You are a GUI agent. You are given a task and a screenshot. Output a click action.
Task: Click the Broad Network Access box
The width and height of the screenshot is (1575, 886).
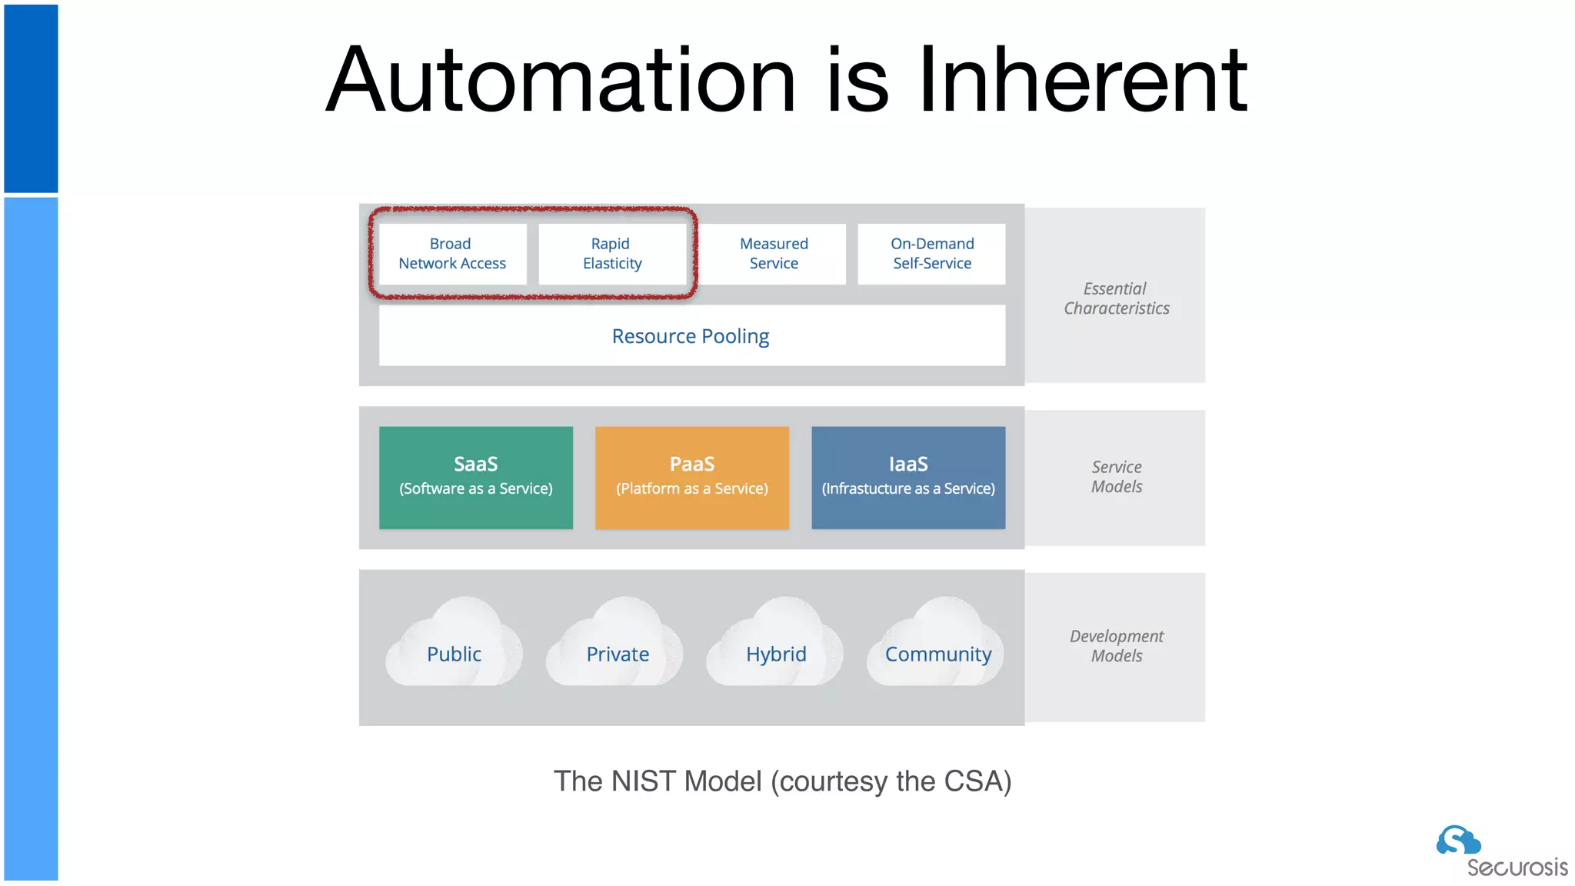tap(452, 254)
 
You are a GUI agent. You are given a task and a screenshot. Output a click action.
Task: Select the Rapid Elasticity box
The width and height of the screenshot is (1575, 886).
tap(612, 254)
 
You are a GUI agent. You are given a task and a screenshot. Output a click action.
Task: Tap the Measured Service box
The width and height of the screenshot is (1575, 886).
tap(774, 254)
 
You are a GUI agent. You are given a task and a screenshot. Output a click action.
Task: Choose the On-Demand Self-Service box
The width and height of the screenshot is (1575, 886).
tap(932, 254)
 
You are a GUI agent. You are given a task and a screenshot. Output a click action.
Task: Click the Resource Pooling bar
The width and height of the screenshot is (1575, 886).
tap(691, 336)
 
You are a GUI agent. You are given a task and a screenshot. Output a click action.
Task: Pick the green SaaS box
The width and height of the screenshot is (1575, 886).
tap(476, 477)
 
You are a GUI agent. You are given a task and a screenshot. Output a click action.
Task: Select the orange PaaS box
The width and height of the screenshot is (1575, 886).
tap(692, 477)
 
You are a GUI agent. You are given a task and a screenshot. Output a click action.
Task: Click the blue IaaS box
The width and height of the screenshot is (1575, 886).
tap(908, 477)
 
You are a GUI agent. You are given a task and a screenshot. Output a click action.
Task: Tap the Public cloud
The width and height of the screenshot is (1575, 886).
tap(454, 650)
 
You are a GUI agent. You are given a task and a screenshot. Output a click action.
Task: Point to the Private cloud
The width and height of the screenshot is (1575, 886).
tap(616, 650)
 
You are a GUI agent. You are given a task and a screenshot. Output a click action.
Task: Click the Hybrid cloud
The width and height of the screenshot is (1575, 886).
tap(775, 650)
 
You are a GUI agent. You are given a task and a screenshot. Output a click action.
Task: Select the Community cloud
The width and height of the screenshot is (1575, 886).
tap(937, 650)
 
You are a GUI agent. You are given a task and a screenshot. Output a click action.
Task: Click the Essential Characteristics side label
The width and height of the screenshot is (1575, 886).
tap(1116, 298)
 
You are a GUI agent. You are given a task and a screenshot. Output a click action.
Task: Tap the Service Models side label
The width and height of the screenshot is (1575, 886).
tap(1117, 477)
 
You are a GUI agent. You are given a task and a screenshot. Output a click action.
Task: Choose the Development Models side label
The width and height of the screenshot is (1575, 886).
tap(1117, 646)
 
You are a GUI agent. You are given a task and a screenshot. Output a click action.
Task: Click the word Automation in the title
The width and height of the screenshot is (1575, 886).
tap(561, 80)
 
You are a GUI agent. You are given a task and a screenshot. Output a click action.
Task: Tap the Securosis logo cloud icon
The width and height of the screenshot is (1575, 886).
tap(1457, 841)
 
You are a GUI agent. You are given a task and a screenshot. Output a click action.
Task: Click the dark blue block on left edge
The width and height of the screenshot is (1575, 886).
tap(31, 98)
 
